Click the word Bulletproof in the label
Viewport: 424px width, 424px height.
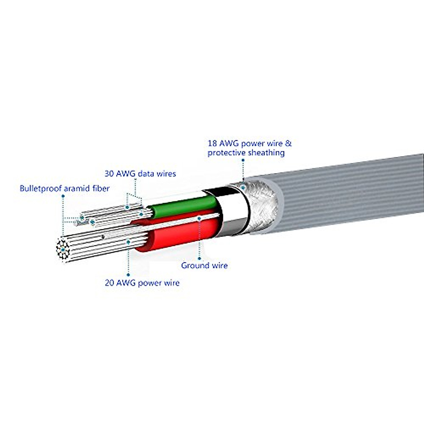coord(41,188)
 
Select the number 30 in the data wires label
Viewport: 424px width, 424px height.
coord(109,174)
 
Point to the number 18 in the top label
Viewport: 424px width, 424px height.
coord(213,144)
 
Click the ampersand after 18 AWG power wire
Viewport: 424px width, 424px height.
coord(288,144)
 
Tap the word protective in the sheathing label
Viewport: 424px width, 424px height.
coord(226,153)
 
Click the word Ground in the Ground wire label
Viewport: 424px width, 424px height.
coord(193,265)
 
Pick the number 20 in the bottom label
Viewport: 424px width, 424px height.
coord(109,283)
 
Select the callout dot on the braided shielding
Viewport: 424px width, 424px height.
coord(243,188)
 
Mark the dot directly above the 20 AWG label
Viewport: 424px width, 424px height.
coord(128,274)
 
